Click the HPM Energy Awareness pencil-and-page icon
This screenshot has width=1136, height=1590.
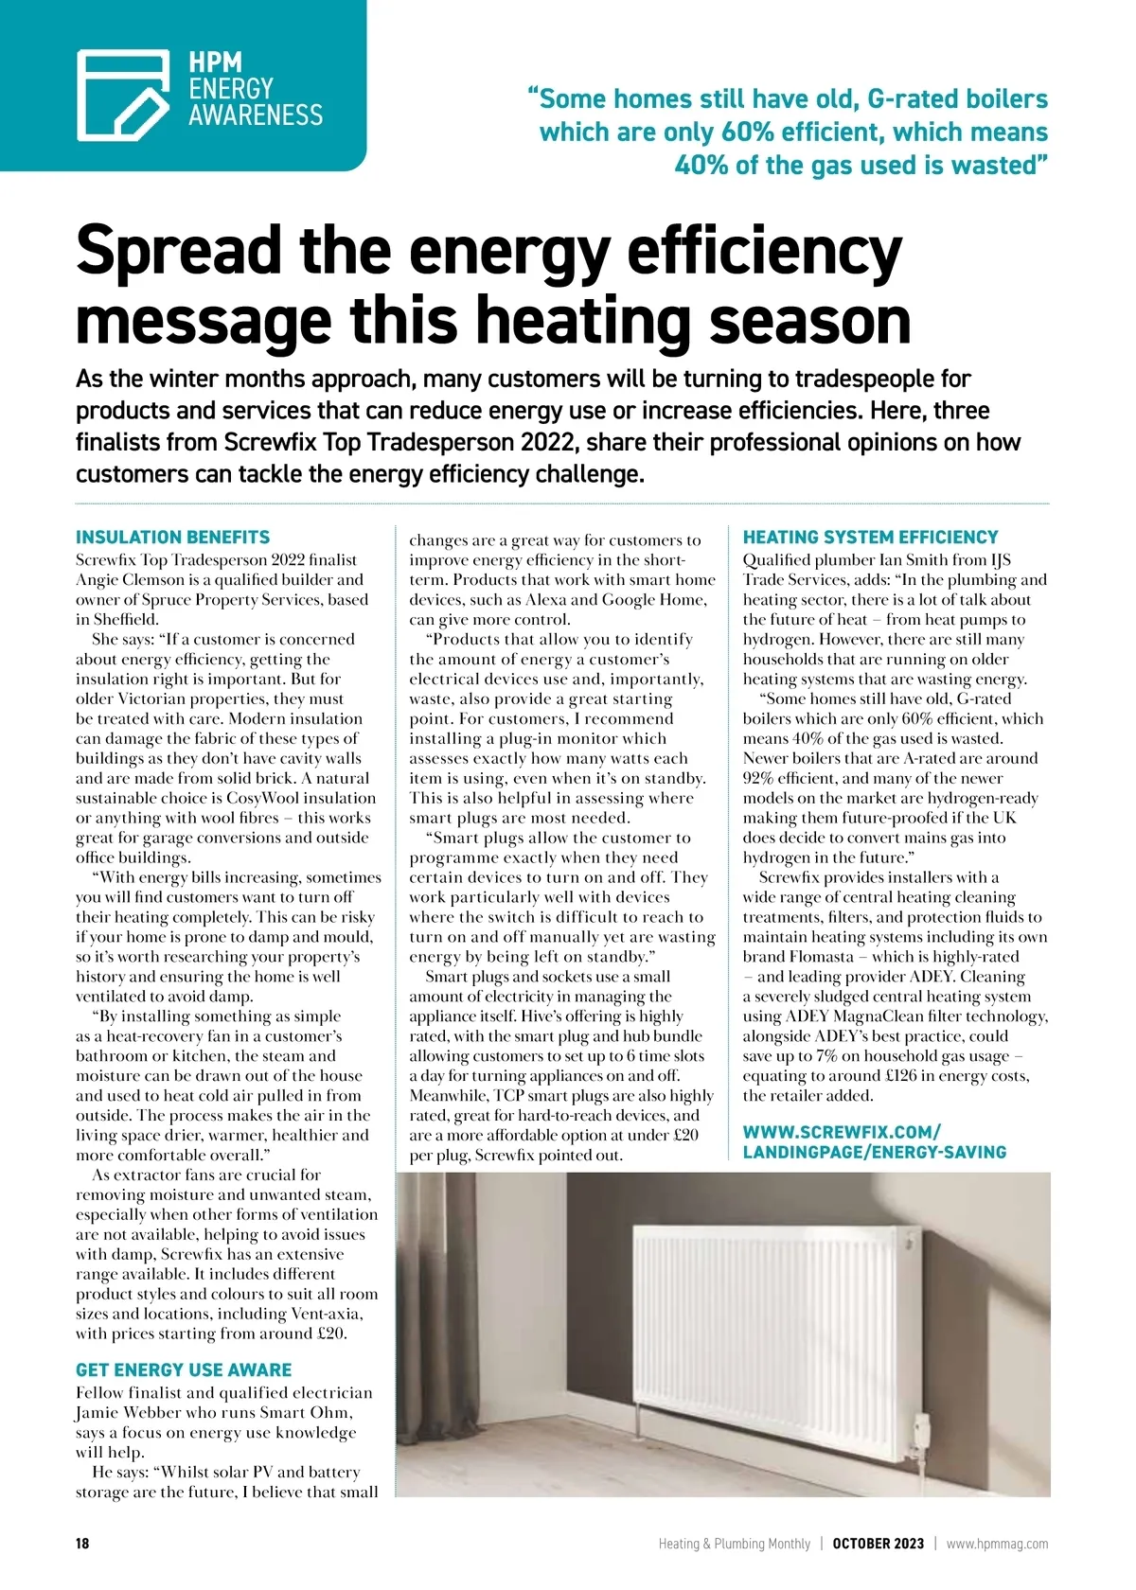(123, 95)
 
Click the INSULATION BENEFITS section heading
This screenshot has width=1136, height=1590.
(172, 537)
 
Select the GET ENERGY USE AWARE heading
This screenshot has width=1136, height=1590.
(184, 1369)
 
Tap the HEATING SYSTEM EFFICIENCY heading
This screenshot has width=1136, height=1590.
(870, 537)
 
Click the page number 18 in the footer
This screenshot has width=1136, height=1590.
(82, 1544)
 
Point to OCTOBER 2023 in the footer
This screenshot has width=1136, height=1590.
(878, 1544)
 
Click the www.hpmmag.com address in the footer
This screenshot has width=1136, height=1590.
(997, 1544)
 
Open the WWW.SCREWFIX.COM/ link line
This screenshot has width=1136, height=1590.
(842, 1132)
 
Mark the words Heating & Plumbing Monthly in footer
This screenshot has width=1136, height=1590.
(735, 1544)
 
